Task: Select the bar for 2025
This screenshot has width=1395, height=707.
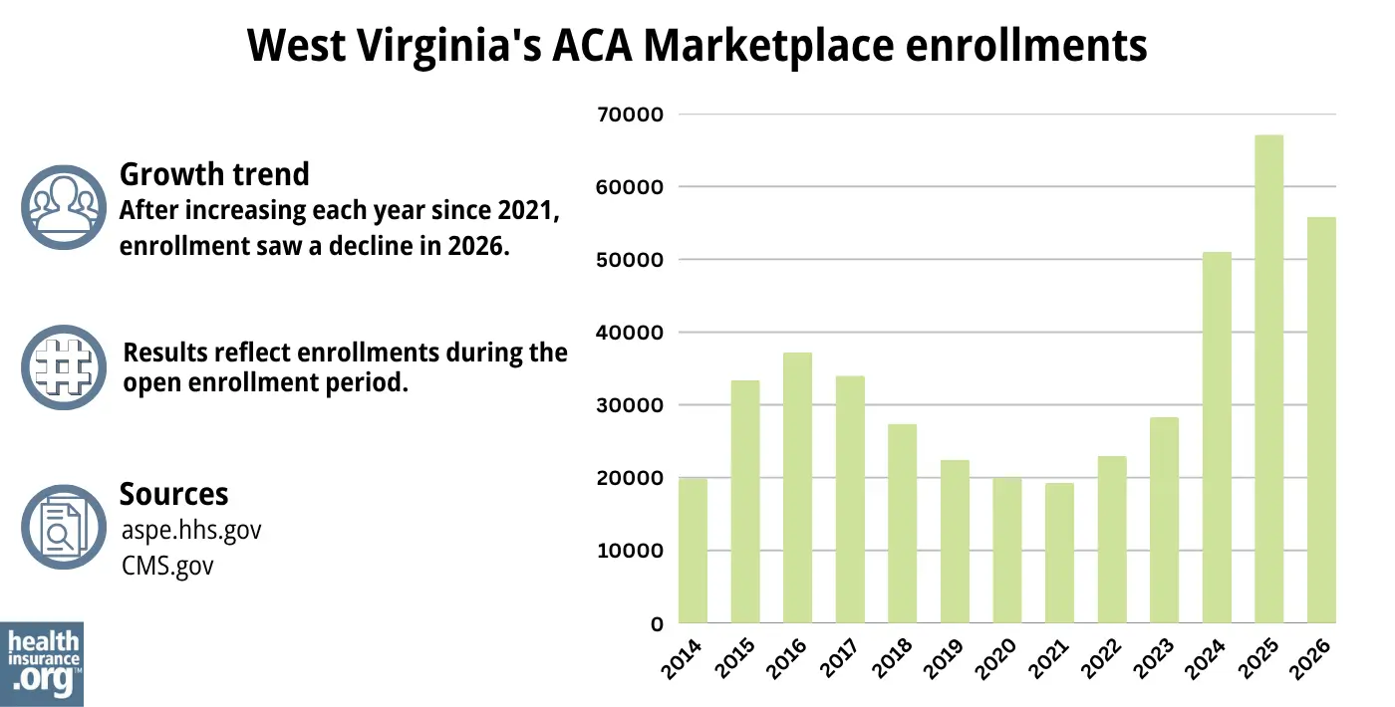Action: pos(1268,379)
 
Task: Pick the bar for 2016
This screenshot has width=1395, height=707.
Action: pos(797,488)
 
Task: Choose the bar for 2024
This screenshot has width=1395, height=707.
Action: pos(1217,438)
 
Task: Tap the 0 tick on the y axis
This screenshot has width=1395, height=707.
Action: pos(656,624)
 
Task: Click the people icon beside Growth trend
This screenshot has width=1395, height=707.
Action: pos(62,206)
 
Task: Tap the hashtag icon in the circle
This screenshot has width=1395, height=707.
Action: pos(62,366)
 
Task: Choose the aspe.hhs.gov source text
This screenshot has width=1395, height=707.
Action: pos(190,530)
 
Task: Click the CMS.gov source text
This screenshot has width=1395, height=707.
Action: pos(166,565)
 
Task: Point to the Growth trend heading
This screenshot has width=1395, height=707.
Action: pos(214,174)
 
